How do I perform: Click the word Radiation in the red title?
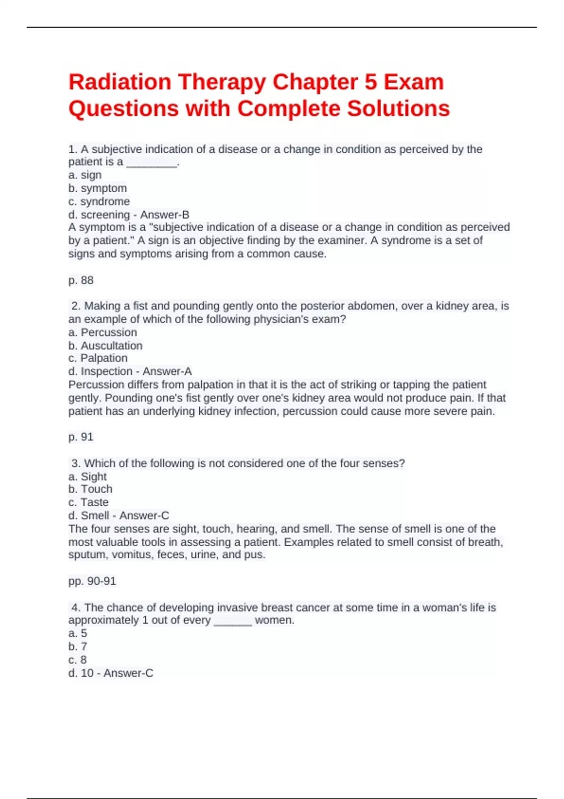pyautogui.click(x=120, y=82)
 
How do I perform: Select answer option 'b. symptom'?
pyautogui.click(x=98, y=188)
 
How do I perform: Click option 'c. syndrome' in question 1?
pyautogui.click(x=99, y=201)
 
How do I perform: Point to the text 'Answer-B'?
pyautogui.click(x=164, y=215)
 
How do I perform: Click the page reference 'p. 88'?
pyautogui.click(x=81, y=280)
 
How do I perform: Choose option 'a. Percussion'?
pyautogui.click(x=102, y=332)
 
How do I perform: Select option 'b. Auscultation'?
pyautogui.click(x=105, y=345)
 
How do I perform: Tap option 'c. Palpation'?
pyautogui.click(x=98, y=358)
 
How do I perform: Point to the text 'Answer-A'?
pyautogui.click(x=167, y=371)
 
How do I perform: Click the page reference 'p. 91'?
pyautogui.click(x=81, y=437)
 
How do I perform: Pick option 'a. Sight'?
pyautogui.click(x=87, y=476)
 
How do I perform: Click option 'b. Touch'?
pyautogui.click(x=90, y=489)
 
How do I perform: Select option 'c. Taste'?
pyautogui.click(x=88, y=502)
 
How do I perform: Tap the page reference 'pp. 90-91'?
pyautogui.click(x=92, y=581)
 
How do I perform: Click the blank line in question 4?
pyautogui.click(x=233, y=621)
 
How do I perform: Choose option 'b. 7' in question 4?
pyautogui.click(x=78, y=646)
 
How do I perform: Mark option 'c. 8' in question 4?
pyautogui.click(x=78, y=659)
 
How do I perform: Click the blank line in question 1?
pyautogui.click(x=152, y=163)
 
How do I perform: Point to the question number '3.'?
pyautogui.click(x=76, y=463)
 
